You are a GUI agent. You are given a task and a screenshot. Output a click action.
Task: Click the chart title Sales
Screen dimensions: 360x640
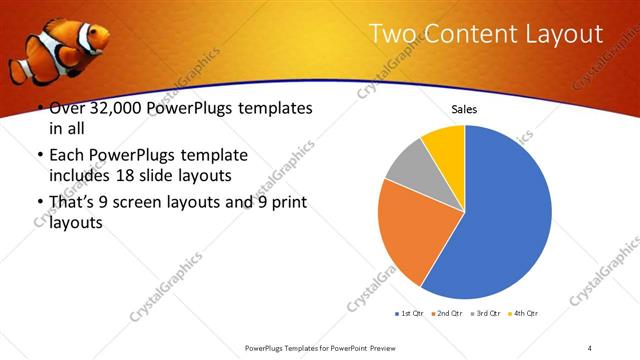(464, 108)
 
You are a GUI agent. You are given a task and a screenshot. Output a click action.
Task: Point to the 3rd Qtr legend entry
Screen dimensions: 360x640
(487, 314)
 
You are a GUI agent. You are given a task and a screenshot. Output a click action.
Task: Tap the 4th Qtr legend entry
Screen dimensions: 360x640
(524, 314)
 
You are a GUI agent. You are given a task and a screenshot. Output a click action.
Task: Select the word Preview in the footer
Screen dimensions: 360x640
(389, 347)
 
